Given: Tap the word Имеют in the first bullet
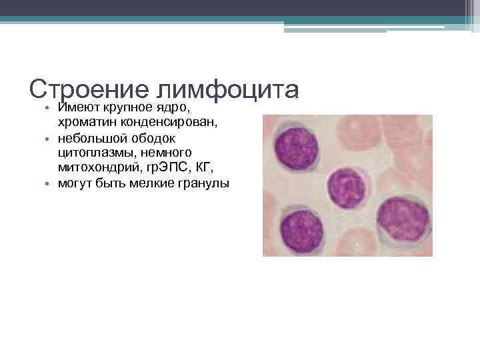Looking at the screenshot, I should coord(77,107).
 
